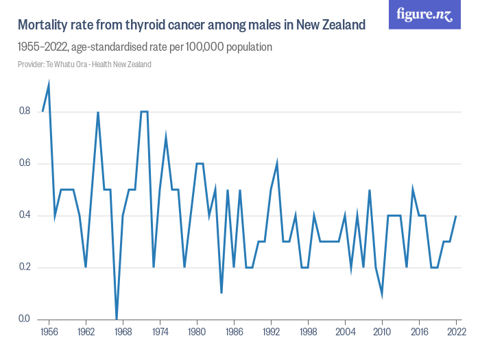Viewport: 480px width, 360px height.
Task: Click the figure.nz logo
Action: [x=425, y=14]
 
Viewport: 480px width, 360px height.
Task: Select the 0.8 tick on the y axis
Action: [x=25, y=111]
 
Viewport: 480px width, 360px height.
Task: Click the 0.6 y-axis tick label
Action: [x=25, y=163]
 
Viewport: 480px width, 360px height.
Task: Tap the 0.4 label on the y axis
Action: [x=25, y=215]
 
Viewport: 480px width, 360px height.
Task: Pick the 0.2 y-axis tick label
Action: [x=25, y=267]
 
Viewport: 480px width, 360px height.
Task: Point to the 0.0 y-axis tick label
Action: [x=25, y=319]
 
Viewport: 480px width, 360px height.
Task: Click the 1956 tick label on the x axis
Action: [x=49, y=333]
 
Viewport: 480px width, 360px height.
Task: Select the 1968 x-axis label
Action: [x=123, y=333]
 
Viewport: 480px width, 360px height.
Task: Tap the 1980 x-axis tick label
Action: [x=197, y=333]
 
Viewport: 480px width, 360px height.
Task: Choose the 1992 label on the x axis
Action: [x=271, y=333]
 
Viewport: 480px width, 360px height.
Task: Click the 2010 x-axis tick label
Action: [x=382, y=333]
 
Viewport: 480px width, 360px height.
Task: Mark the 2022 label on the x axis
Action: [x=456, y=333]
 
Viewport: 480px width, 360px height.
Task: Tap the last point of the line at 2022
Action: [x=456, y=215]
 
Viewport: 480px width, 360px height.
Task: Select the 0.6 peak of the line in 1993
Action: [x=277, y=163]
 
